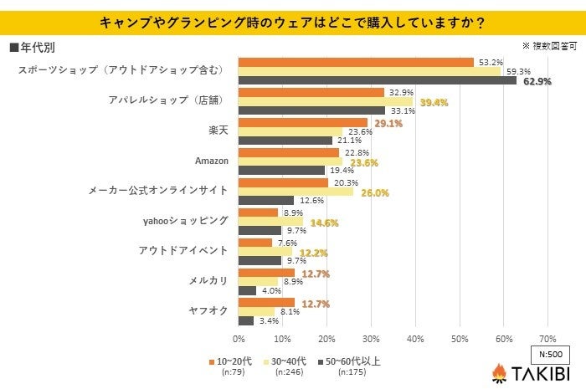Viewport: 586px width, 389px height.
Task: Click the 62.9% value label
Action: coord(537,81)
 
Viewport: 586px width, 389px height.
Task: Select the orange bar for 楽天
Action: coord(303,122)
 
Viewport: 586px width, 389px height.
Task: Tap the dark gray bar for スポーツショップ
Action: coord(377,81)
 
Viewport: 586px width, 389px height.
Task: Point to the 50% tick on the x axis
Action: coord(459,339)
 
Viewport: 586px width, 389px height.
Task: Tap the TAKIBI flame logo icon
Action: coord(499,372)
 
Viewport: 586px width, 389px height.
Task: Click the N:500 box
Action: coord(550,354)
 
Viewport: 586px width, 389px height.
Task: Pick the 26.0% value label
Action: coord(375,192)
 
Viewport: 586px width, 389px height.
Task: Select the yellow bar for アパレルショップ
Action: coord(326,102)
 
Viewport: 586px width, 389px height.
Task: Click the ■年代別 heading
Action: coord(33,47)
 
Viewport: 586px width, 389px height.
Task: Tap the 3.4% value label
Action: coord(268,320)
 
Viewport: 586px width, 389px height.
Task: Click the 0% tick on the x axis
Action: coord(239,339)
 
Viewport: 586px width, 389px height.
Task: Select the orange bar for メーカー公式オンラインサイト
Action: coord(283,182)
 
